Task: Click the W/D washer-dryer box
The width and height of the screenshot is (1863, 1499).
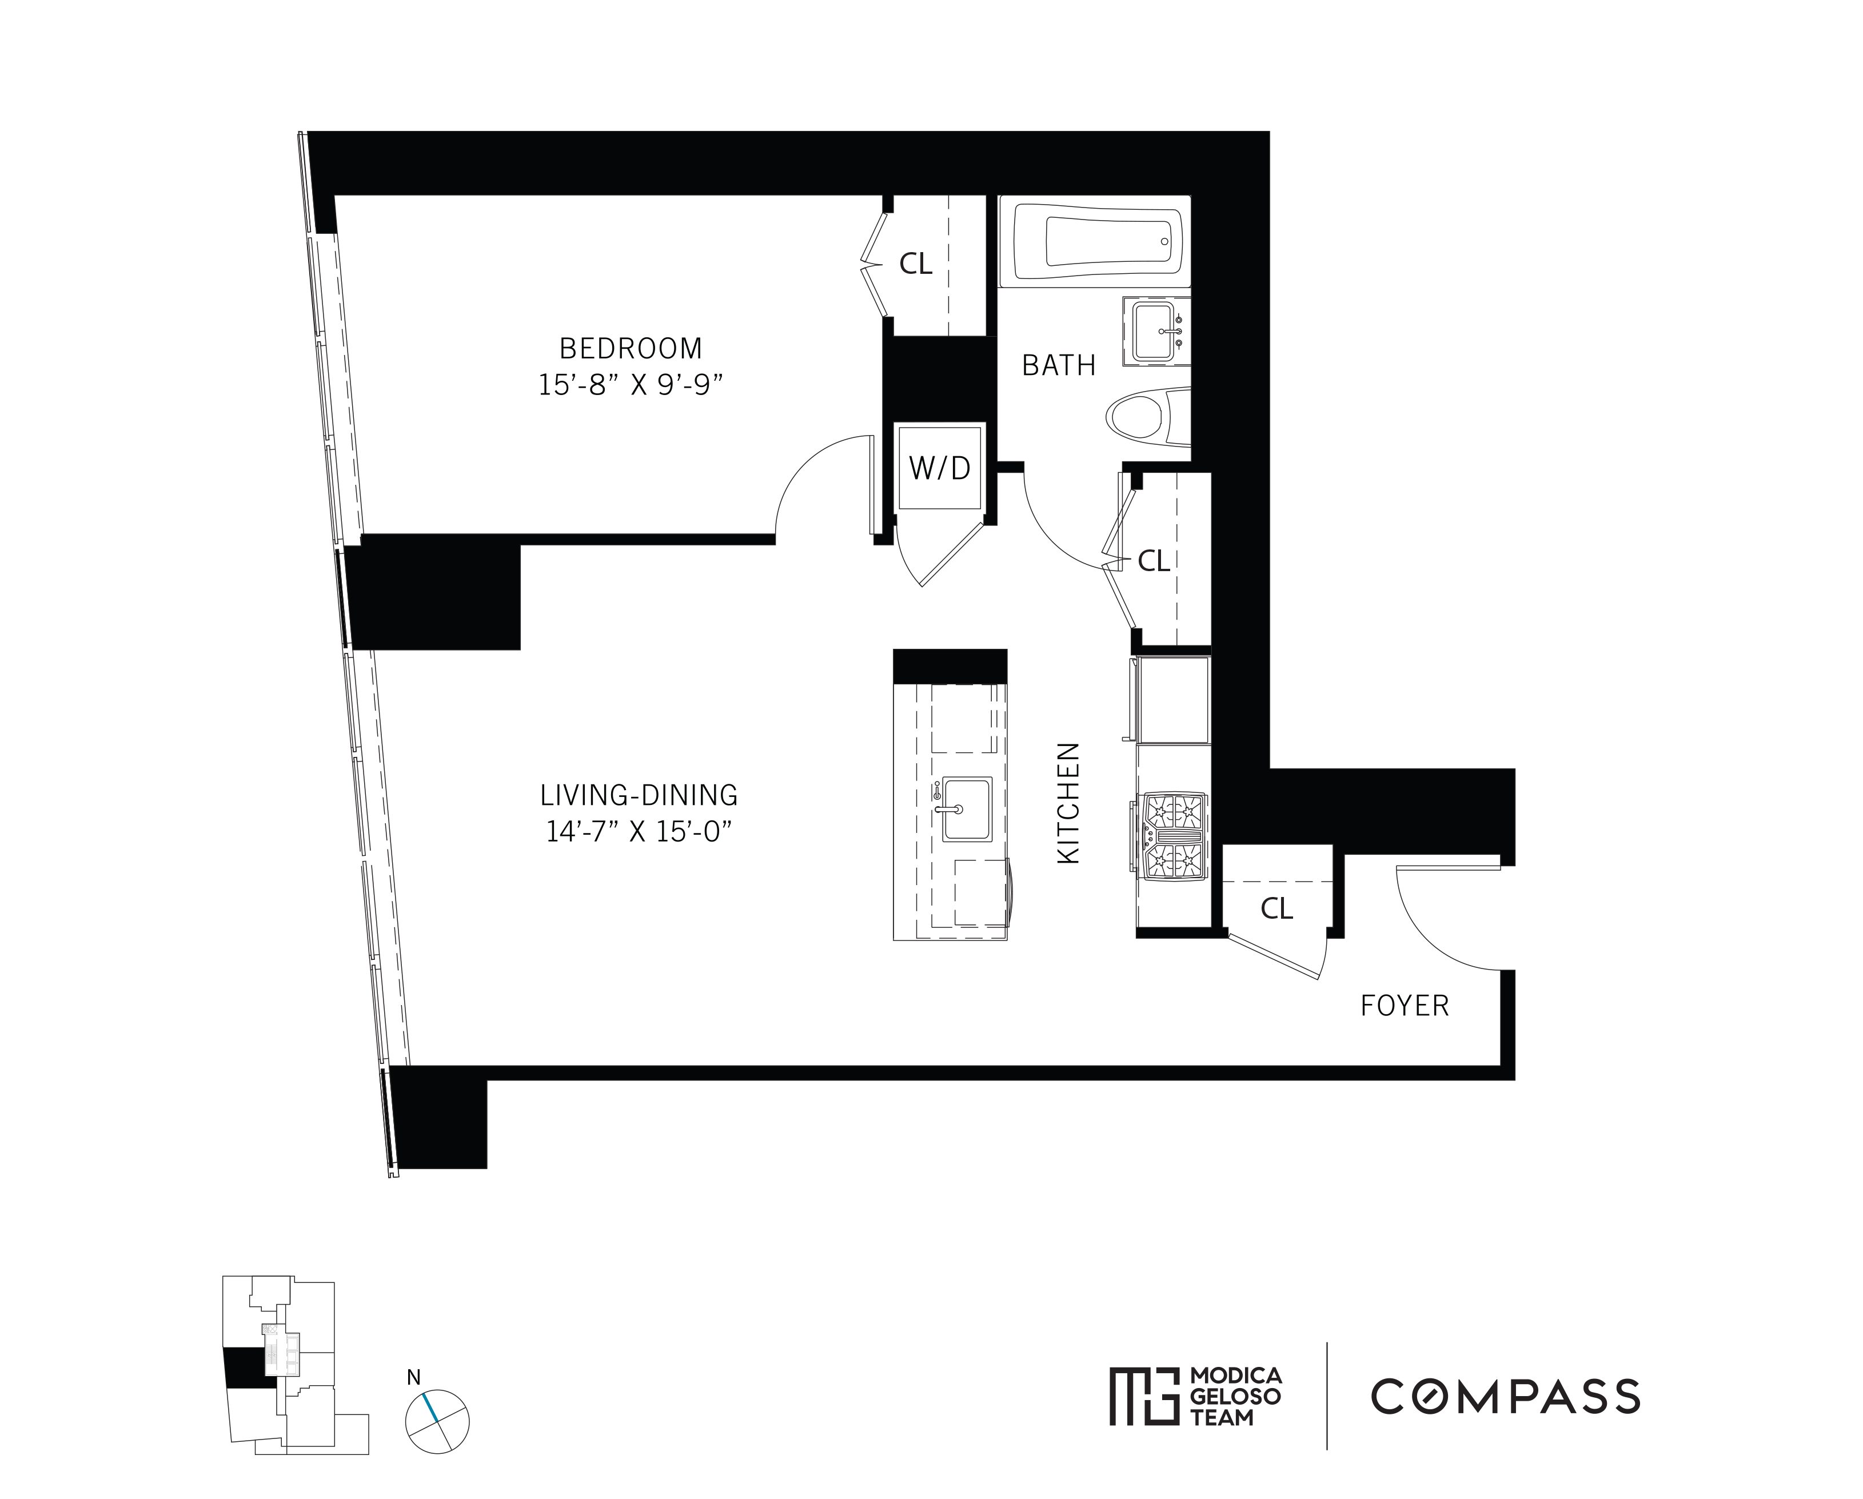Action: point(939,468)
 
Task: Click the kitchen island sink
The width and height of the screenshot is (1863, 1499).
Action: point(966,809)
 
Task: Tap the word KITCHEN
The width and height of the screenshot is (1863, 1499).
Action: point(1069,803)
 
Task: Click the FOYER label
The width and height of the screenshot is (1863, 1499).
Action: point(1404,1006)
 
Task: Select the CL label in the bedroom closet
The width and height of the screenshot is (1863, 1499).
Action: point(916,264)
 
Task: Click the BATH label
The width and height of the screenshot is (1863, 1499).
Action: point(1059,365)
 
